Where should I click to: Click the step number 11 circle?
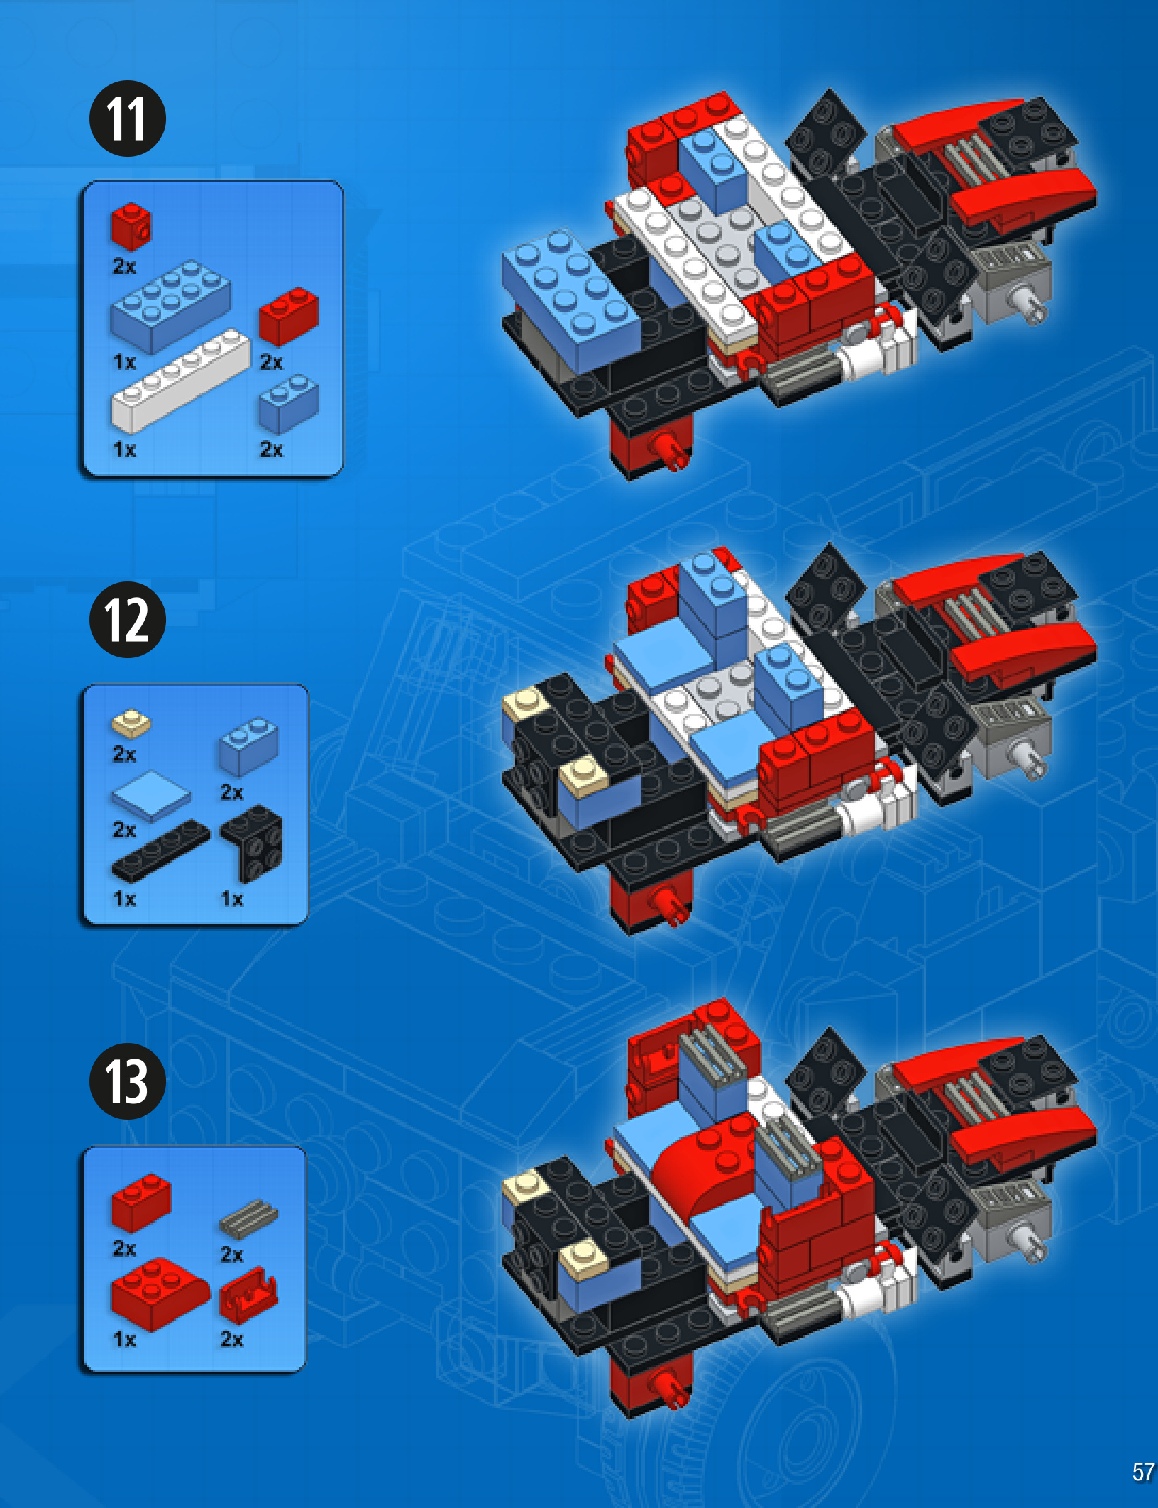tap(128, 119)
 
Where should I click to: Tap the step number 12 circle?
tap(128, 620)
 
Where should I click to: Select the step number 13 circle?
tap(128, 1081)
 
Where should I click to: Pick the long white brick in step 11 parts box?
tap(181, 381)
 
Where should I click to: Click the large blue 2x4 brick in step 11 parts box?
tap(170, 307)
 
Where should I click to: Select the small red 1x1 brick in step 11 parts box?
tap(131, 226)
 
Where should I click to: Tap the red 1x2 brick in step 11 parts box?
tap(288, 315)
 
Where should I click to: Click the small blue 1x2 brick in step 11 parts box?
tap(288, 403)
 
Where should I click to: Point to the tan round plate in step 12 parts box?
tap(131, 723)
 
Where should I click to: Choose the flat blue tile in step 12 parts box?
tap(151, 795)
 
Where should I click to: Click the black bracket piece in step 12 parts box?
tap(252, 843)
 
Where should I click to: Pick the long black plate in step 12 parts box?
tap(160, 851)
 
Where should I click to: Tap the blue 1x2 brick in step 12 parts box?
tap(248, 746)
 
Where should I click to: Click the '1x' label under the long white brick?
tap(124, 449)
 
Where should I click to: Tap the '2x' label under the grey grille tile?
tap(231, 1255)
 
